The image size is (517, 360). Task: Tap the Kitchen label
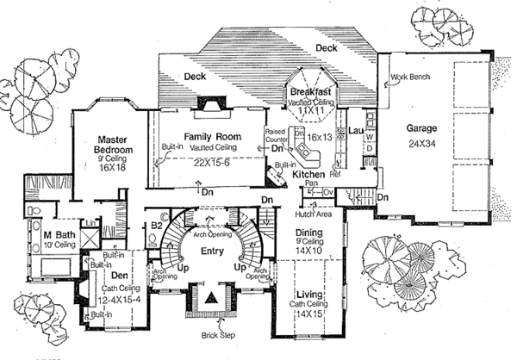pyautogui.click(x=308, y=175)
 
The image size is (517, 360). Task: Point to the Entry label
pyautogui.click(x=213, y=250)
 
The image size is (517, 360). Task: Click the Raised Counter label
pyautogui.click(x=275, y=135)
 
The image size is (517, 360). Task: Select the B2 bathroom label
pyautogui.click(x=157, y=227)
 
